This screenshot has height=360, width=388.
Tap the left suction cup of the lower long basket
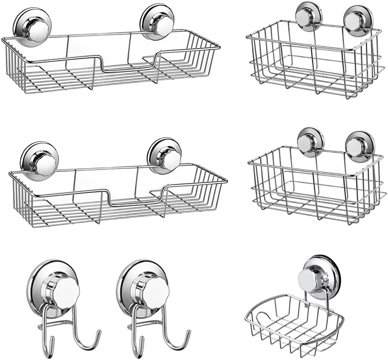39,159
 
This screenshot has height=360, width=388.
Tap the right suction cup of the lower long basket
164,156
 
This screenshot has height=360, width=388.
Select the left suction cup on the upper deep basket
309,16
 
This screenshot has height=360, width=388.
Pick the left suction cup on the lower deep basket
310,142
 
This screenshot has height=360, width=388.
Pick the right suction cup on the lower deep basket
359,147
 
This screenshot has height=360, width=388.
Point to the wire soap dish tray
293,321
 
